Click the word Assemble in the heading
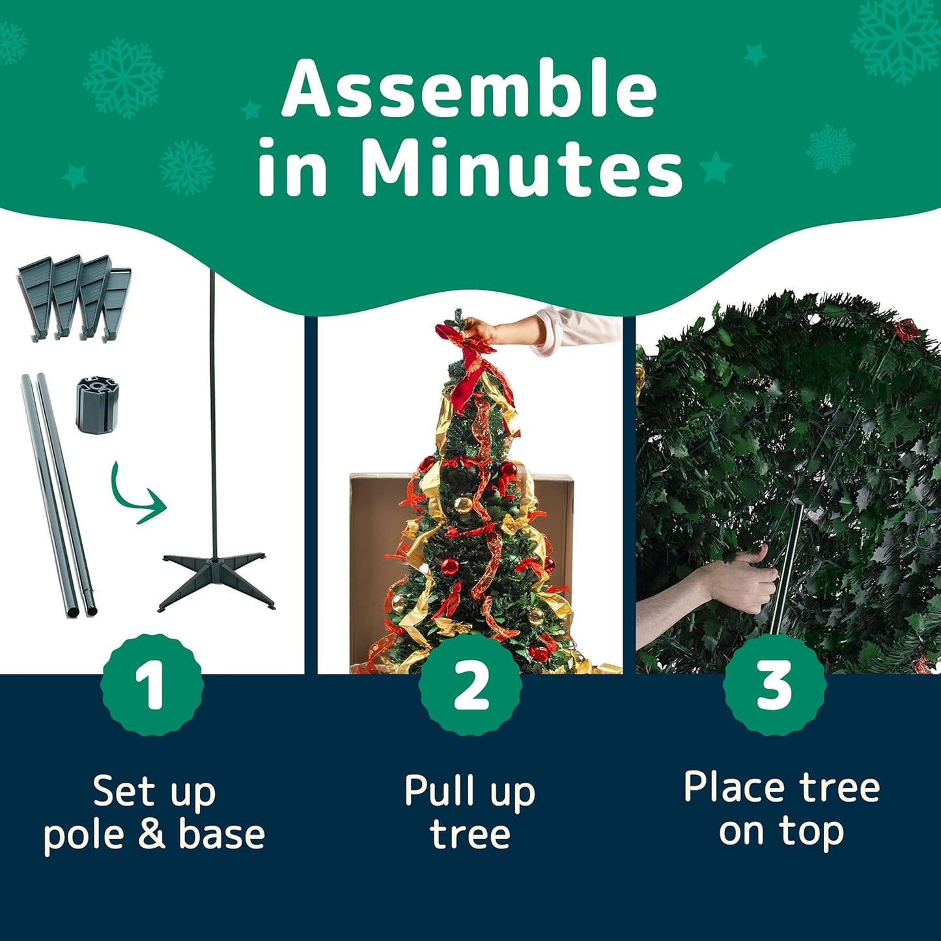[470, 89]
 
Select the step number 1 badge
[152, 686]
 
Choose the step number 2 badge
[470, 686]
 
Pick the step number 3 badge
[774, 686]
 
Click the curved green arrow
[136, 495]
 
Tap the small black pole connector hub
[97, 404]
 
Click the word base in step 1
[221, 836]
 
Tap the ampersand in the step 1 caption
[151, 836]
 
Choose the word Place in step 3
[735, 787]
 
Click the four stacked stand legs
[74, 296]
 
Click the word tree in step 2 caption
[470, 836]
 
